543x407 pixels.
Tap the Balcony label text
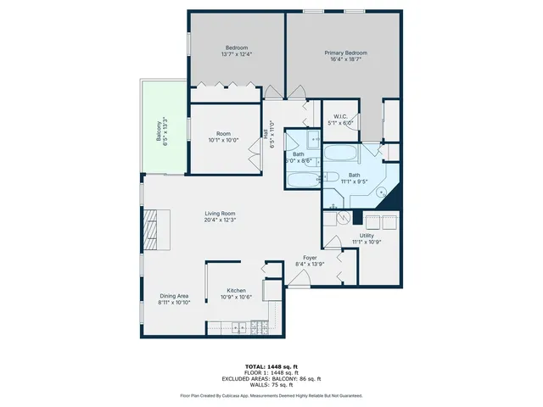(x=158, y=131)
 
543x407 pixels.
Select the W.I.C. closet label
(x=340, y=116)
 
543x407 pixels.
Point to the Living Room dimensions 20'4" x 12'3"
(x=220, y=220)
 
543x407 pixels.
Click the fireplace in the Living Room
(x=150, y=230)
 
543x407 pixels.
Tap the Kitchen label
(x=235, y=290)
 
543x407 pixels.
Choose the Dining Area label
(x=173, y=296)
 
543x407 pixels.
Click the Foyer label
(x=310, y=258)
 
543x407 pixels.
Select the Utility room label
(x=367, y=236)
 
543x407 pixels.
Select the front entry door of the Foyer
(x=299, y=287)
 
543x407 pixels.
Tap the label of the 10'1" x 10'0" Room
(x=223, y=133)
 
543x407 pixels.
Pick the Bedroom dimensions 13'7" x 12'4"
(x=236, y=54)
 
